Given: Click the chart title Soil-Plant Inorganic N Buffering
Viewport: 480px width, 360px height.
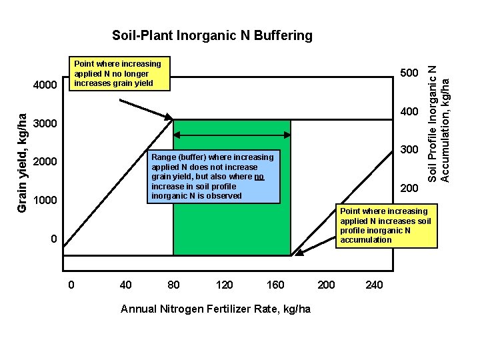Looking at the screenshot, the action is click(x=212, y=35).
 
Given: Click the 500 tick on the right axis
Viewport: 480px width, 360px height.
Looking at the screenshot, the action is click(x=409, y=73).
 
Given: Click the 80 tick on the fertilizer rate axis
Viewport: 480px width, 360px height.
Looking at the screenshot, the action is click(x=173, y=285).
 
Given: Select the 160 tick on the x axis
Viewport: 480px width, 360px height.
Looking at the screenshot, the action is click(x=275, y=285).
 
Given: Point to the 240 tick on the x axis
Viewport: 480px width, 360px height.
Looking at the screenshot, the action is click(x=374, y=285).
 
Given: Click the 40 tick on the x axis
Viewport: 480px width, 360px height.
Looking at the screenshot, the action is click(x=125, y=285).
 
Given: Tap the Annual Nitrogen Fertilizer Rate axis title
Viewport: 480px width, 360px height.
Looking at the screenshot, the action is click(x=215, y=309).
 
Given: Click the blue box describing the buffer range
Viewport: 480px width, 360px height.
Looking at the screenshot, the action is click(x=213, y=177).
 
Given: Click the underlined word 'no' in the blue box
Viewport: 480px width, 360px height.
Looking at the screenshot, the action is click(x=259, y=177).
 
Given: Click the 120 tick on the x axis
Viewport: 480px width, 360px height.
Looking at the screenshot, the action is click(x=225, y=285).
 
